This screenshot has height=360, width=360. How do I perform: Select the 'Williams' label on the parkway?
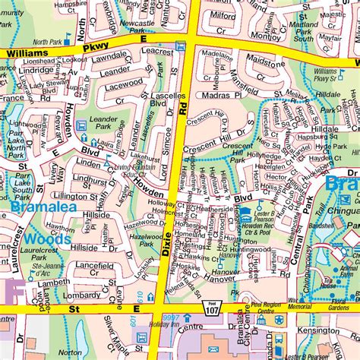[x=28, y=53]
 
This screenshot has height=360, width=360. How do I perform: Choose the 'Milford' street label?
[x=223, y=14]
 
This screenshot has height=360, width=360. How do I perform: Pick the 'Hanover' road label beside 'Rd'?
[x=235, y=278]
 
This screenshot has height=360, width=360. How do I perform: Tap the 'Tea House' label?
[x=329, y=283]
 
